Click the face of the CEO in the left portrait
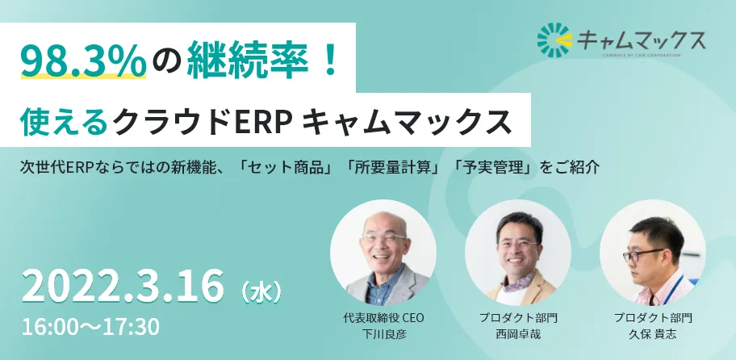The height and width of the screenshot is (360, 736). click(x=384, y=242)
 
